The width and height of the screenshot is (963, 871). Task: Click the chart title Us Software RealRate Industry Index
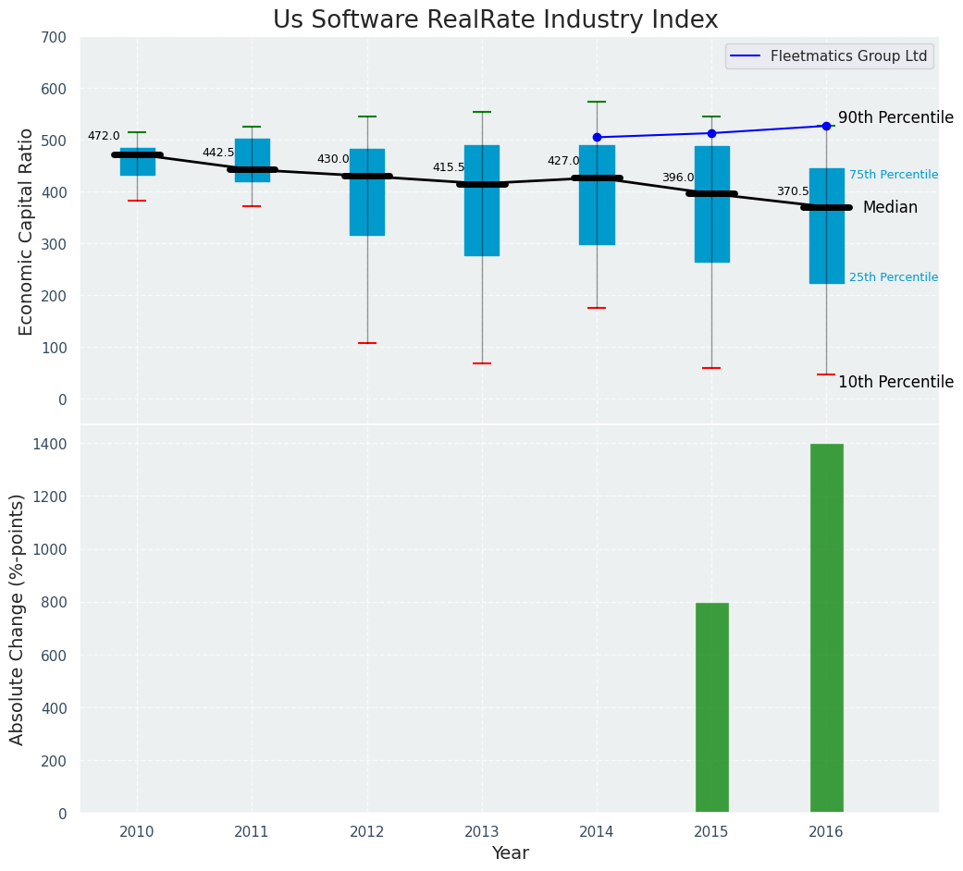click(495, 20)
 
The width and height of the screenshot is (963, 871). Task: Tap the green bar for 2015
click(711, 707)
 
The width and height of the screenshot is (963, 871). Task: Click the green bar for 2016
click(826, 628)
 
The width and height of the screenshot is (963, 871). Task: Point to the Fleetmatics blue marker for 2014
click(597, 138)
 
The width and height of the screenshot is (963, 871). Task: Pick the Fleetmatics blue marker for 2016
click(826, 126)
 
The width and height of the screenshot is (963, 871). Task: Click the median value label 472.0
click(104, 136)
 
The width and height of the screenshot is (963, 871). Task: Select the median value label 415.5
click(449, 167)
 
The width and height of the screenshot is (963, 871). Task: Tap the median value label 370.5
click(793, 191)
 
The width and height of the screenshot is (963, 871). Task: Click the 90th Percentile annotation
click(895, 117)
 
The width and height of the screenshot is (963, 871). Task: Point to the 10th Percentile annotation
click(895, 382)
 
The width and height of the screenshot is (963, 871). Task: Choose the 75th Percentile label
click(894, 175)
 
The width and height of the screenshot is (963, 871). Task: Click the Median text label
click(890, 208)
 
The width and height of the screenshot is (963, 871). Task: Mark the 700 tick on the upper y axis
click(54, 37)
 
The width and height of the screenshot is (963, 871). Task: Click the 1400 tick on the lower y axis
click(50, 444)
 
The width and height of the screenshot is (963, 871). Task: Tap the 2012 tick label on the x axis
click(367, 832)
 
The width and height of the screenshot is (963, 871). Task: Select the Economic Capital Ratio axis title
click(26, 231)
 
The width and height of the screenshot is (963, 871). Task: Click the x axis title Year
click(510, 853)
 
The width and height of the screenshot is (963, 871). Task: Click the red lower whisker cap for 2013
click(482, 363)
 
